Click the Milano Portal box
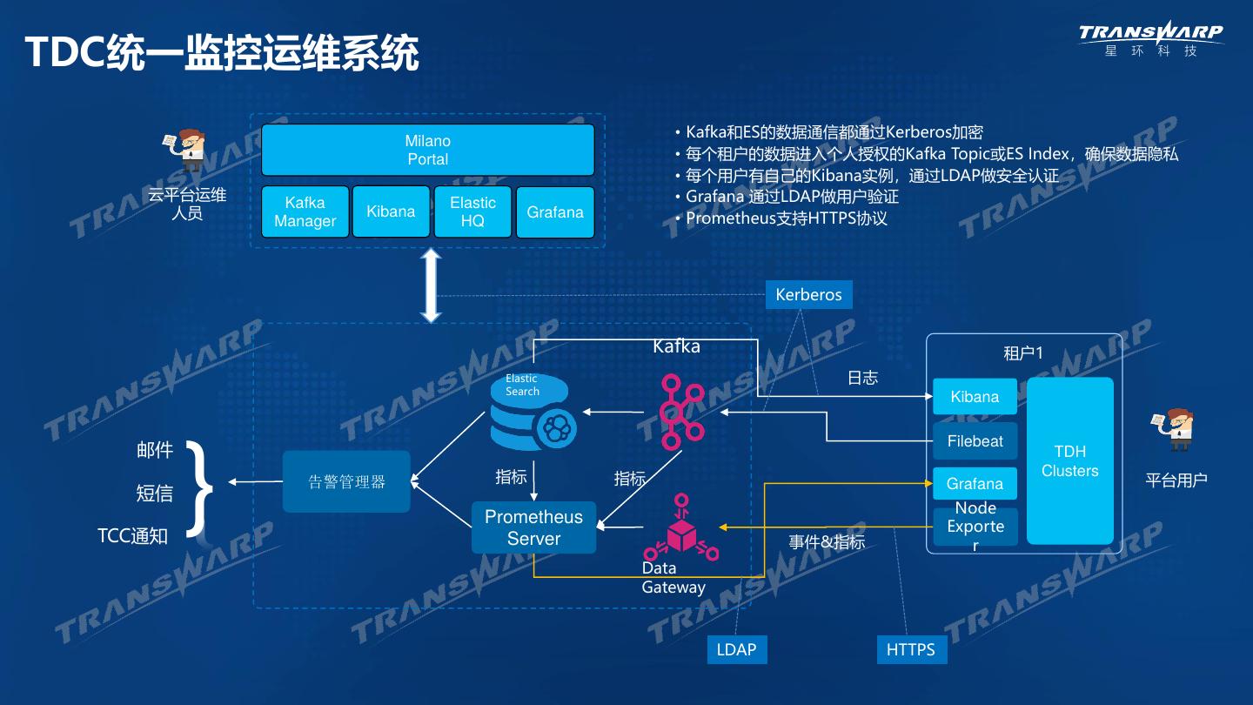[x=428, y=150]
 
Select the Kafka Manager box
[x=305, y=211]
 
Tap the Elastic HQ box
[x=472, y=211]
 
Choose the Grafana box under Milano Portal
[x=555, y=211]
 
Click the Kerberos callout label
[x=808, y=294]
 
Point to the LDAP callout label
[x=736, y=649]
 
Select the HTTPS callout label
[x=910, y=649]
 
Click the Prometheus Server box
[x=533, y=527]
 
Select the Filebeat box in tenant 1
[x=975, y=441]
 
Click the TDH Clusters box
[x=1069, y=460]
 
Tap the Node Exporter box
[x=975, y=527]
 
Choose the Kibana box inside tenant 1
[x=975, y=397]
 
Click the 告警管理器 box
[x=346, y=481]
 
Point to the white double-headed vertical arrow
[x=431, y=286]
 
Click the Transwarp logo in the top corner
[x=1150, y=39]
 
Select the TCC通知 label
[x=132, y=536]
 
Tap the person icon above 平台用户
[x=1176, y=429]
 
